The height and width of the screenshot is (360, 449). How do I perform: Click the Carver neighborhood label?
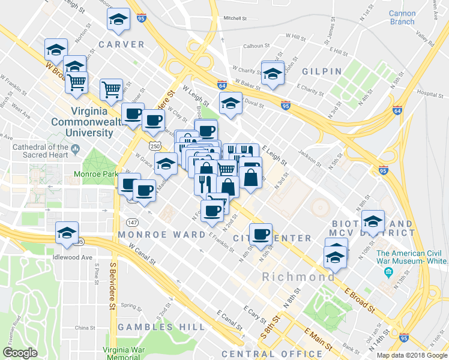click(122, 44)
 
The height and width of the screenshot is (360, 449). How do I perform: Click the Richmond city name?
click(298, 277)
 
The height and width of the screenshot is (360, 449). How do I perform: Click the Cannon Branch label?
click(402, 17)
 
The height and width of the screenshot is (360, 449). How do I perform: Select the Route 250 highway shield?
click(155, 146)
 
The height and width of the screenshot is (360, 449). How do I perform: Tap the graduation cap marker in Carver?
click(119, 20)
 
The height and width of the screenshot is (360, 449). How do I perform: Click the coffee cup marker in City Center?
click(261, 234)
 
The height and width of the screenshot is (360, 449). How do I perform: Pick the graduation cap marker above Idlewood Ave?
click(67, 233)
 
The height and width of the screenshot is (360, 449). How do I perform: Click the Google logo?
click(20, 353)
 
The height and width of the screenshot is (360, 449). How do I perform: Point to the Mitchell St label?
click(235, 19)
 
